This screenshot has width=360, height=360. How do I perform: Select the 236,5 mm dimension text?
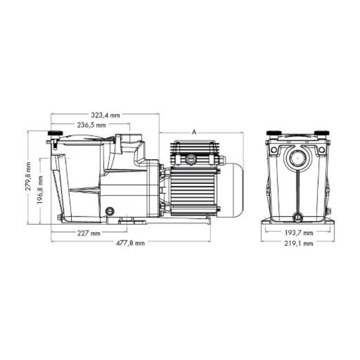[92, 125]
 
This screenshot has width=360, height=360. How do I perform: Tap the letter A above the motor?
[193, 132]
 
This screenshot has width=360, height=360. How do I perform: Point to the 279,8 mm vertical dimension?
[29, 176]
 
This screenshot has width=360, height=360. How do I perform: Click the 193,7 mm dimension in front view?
[299, 233]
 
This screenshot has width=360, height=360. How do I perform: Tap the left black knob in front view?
[274, 133]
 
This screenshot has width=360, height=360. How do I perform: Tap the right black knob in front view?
[321, 133]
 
